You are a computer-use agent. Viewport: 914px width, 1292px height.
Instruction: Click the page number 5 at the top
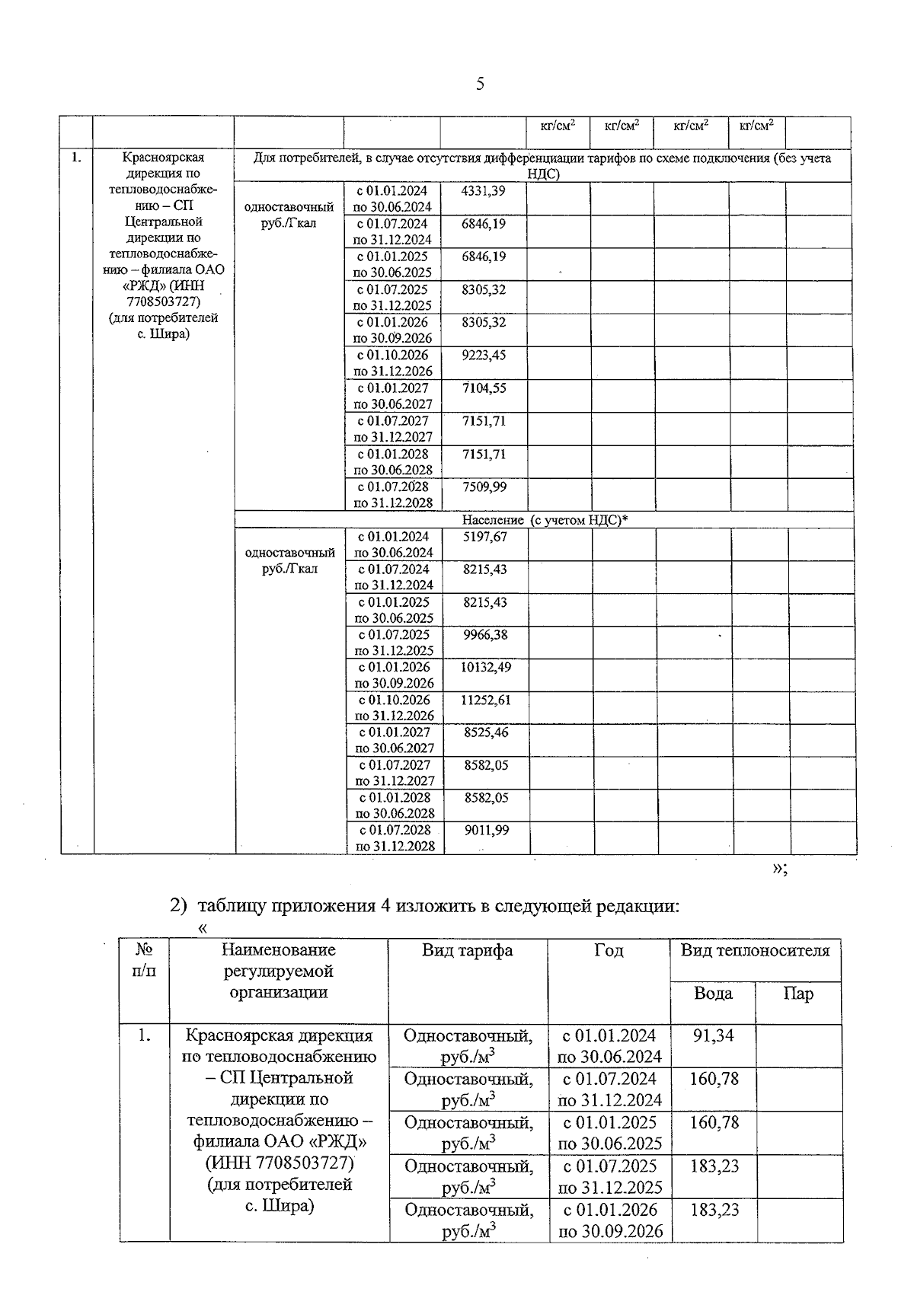point(479,84)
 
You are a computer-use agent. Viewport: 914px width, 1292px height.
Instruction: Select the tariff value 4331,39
point(483,191)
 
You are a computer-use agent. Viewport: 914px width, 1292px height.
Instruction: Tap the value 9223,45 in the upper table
point(483,356)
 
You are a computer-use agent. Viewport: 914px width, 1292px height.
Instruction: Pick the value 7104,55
point(483,388)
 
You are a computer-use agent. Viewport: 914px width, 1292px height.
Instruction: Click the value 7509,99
point(483,486)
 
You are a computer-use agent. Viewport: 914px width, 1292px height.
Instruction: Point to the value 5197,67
point(484,537)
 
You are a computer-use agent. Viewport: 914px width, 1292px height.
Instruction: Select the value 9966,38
point(484,635)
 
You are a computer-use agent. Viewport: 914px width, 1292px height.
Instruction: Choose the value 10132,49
point(485,668)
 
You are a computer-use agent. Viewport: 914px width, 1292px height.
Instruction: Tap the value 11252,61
point(485,700)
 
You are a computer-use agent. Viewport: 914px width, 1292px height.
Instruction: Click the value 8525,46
point(485,733)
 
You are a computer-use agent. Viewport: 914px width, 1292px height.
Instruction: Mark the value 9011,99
point(486,831)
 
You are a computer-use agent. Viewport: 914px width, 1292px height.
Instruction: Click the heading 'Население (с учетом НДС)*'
point(545,520)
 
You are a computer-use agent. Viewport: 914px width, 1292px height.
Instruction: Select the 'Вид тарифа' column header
point(468,950)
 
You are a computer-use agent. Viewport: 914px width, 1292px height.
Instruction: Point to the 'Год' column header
point(609,950)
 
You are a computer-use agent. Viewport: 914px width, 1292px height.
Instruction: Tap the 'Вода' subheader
point(713,994)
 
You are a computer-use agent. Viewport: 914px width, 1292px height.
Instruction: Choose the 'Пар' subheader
point(798,994)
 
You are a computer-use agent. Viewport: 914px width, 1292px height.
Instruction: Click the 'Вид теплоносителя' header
point(755,950)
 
